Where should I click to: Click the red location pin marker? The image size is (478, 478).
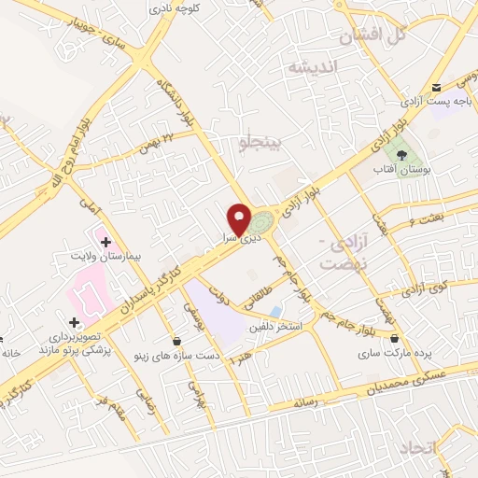[x=242, y=218]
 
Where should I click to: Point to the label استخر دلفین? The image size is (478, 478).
[x=273, y=327]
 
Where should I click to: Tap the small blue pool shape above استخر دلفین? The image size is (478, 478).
[x=274, y=311]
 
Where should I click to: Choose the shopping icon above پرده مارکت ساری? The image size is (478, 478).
[x=394, y=339]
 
